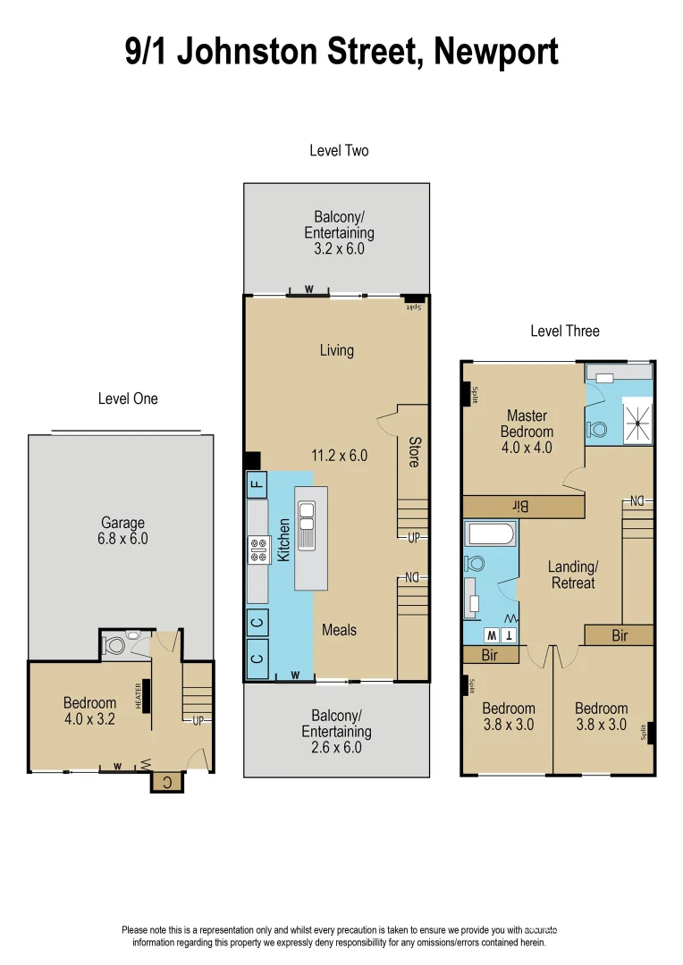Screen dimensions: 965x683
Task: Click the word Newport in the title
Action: pos(495,51)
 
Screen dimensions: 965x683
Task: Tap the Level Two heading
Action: pos(339,151)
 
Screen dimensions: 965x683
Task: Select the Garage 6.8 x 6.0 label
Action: pos(123,531)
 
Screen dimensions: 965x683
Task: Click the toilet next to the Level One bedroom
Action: pos(115,643)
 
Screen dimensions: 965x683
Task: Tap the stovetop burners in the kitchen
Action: pos(259,550)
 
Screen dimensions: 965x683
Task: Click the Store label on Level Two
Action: pos(414,451)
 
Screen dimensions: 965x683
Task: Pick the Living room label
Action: pos(337,350)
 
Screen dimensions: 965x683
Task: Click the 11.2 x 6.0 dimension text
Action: pos(340,456)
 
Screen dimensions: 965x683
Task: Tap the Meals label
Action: pos(339,630)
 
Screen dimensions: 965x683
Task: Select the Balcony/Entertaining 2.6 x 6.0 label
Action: pos(336,731)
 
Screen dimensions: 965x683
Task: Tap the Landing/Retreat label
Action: pos(572,575)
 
